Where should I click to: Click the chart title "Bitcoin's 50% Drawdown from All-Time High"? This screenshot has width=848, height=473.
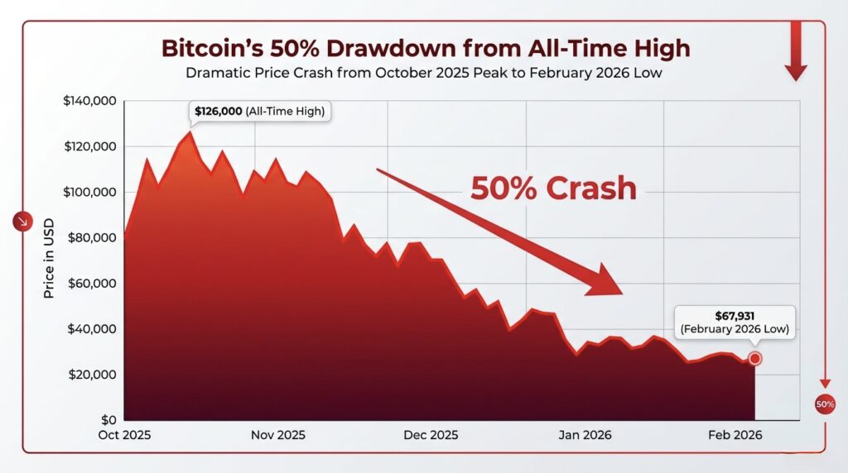[x=425, y=48]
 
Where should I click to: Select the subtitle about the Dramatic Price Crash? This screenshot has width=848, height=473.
[x=423, y=73]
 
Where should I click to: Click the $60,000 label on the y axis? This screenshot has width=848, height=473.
[x=93, y=284]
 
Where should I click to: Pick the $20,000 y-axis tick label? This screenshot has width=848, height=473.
[x=93, y=375]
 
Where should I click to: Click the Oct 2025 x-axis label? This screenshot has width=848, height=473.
[x=124, y=436]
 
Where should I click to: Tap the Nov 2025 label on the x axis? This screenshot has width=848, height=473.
[x=277, y=436]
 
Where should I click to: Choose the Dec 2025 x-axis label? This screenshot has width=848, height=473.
[x=431, y=436]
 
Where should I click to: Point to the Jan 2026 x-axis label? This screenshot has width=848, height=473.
[x=584, y=436]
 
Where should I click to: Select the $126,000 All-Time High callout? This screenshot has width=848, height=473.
[x=258, y=111]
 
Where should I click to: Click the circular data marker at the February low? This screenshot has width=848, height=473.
[x=754, y=358]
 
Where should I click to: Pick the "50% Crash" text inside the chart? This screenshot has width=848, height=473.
[x=553, y=189]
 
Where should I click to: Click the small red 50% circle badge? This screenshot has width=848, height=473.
[x=825, y=404]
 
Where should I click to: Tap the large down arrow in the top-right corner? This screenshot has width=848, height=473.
[x=796, y=51]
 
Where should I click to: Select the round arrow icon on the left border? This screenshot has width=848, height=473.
[x=22, y=222]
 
